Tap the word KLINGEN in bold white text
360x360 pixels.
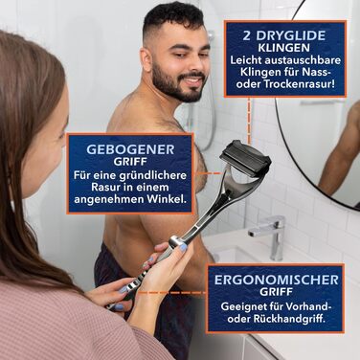click(283, 48)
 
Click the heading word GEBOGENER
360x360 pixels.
click(130, 149)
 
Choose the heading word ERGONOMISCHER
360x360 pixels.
click(277, 280)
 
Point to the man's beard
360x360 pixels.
click(175, 81)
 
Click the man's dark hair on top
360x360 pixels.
click(173, 17)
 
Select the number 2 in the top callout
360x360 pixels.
click(246, 35)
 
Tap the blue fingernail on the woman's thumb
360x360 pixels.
click(183, 248)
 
